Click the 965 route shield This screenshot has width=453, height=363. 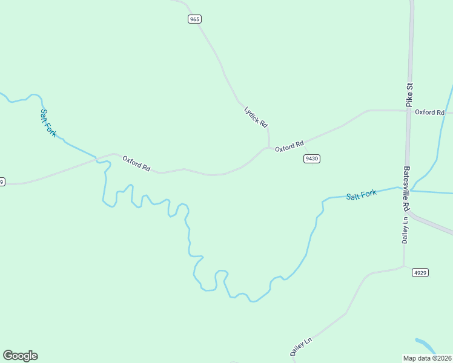(194, 19)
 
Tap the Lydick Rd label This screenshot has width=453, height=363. (256, 116)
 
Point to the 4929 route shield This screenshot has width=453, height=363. (420, 273)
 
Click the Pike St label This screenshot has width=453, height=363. (409, 95)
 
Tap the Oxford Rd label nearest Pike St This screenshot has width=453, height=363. (430, 113)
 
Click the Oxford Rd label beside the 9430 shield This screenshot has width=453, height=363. (289, 146)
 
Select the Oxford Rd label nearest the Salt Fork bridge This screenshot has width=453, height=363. (136, 164)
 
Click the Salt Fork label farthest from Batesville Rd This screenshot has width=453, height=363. (48, 123)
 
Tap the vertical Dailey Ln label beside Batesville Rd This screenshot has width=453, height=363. (405, 231)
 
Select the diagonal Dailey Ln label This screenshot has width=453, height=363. (300, 347)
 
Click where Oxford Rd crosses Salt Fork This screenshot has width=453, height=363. (96, 159)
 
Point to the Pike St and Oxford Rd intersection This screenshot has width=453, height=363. (410, 111)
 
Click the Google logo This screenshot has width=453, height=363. (20, 356)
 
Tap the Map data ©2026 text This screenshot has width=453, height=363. (428, 358)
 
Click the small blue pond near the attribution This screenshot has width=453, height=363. (426, 345)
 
